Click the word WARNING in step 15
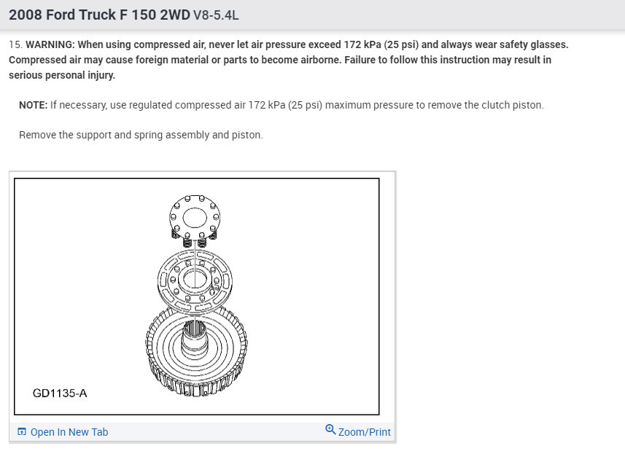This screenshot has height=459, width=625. click(x=50, y=44)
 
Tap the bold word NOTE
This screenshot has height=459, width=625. click(x=33, y=105)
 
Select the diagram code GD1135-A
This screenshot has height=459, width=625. click(x=60, y=393)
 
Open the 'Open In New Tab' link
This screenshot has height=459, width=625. click(x=69, y=432)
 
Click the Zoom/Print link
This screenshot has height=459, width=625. click(x=365, y=432)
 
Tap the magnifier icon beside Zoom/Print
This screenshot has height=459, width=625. click(x=330, y=430)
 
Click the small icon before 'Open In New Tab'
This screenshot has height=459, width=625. click(x=22, y=431)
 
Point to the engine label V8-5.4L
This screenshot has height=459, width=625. click(x=216, y=15)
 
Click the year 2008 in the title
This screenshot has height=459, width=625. click(x=25, y=15)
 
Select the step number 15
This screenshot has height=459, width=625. click(x=14, y=44)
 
